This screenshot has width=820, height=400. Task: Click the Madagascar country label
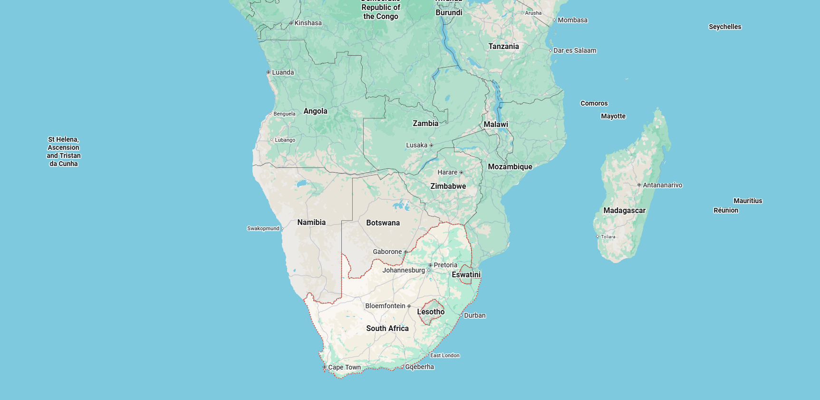(624, 210)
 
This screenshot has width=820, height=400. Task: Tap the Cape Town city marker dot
(324, 367)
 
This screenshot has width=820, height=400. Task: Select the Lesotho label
(431, 312)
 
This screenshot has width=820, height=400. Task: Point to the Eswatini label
(466, 274)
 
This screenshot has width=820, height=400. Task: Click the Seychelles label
(724, 27)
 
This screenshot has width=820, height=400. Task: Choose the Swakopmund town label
(263, 228)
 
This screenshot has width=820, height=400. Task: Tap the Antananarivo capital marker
(639, 185)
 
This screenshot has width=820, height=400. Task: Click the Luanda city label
(283, 72)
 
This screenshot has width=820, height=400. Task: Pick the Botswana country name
(383, 223)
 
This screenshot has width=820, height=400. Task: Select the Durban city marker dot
(461, 315)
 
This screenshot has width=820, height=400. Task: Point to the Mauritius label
(747, 201)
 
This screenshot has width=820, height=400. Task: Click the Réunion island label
(725, 210)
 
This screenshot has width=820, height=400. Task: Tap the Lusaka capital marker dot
(431, 145)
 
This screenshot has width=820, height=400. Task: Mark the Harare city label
(447, 172)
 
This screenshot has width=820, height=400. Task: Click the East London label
(444, 355)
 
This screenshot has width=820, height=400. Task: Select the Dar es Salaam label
(574, 50)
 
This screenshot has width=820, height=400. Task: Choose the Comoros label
(594, 103)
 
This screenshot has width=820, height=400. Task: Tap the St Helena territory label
(63, 151)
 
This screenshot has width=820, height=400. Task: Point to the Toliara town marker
(598, 236)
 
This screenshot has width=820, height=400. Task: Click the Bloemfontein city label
(385, 306)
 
